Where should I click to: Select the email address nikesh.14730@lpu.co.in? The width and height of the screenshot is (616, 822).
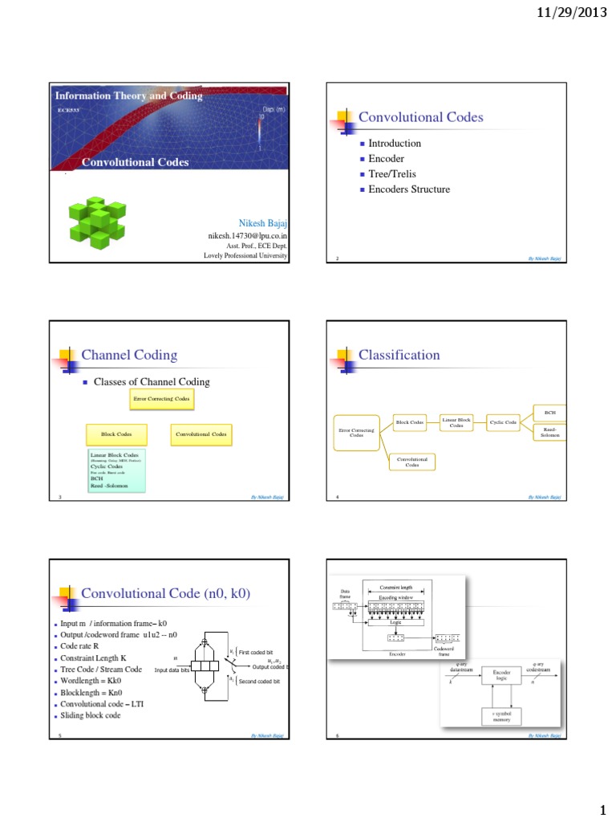[248, 236]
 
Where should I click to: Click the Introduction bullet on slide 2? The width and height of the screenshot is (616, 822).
[394, 143]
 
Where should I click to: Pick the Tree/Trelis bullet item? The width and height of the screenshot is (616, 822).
[392, 174]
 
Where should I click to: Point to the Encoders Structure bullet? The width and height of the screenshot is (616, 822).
[409, 189]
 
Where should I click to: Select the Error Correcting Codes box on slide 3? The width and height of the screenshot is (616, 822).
[161, 398]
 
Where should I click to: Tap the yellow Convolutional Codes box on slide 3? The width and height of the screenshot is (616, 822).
[201, 435]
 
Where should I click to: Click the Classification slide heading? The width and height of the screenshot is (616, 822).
[399, 355]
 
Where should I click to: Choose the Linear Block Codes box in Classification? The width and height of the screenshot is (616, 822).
[456, 423]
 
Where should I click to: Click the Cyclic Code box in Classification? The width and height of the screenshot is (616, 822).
[503, 422]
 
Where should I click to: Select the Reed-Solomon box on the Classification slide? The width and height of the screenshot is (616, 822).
[550, 432]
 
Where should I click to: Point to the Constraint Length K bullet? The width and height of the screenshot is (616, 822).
[93, 658]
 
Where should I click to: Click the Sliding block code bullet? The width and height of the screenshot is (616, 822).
[91, 715]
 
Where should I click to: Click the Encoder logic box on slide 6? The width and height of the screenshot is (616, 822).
[501, 675]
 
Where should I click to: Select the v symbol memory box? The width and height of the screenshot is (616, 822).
[501, 717]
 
